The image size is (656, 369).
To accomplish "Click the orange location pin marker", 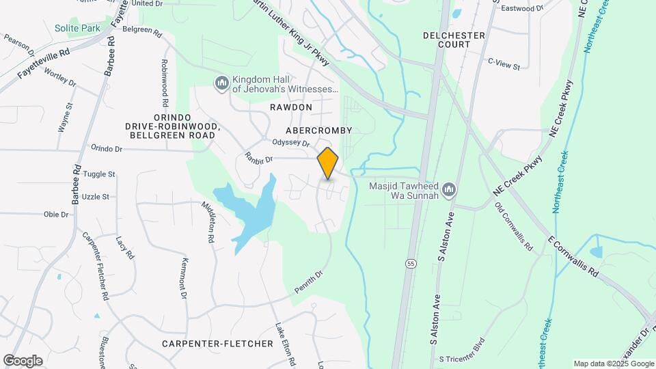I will tap(328, 163).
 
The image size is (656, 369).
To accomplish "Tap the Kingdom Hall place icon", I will tap(221, 83).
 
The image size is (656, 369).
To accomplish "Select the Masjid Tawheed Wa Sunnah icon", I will tap(448, 189).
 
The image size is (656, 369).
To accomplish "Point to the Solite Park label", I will tap(77, 28).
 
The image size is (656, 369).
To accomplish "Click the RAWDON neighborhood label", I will tap(290, 107).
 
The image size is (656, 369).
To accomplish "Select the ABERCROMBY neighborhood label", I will tap(318, 130).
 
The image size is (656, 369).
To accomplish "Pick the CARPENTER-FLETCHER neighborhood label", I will tap(217, 343).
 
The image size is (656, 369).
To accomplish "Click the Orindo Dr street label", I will tap(106, 148).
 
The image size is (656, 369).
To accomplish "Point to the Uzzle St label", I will tap(96, 196).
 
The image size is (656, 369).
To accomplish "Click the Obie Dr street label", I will tap(57, 214).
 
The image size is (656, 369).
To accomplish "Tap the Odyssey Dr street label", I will tap(291, 143).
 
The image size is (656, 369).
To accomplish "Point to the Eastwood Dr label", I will tap(521, 8).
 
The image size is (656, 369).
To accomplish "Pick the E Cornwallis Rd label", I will tap(573, 256).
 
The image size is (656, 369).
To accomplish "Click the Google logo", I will tap(23, 361).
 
